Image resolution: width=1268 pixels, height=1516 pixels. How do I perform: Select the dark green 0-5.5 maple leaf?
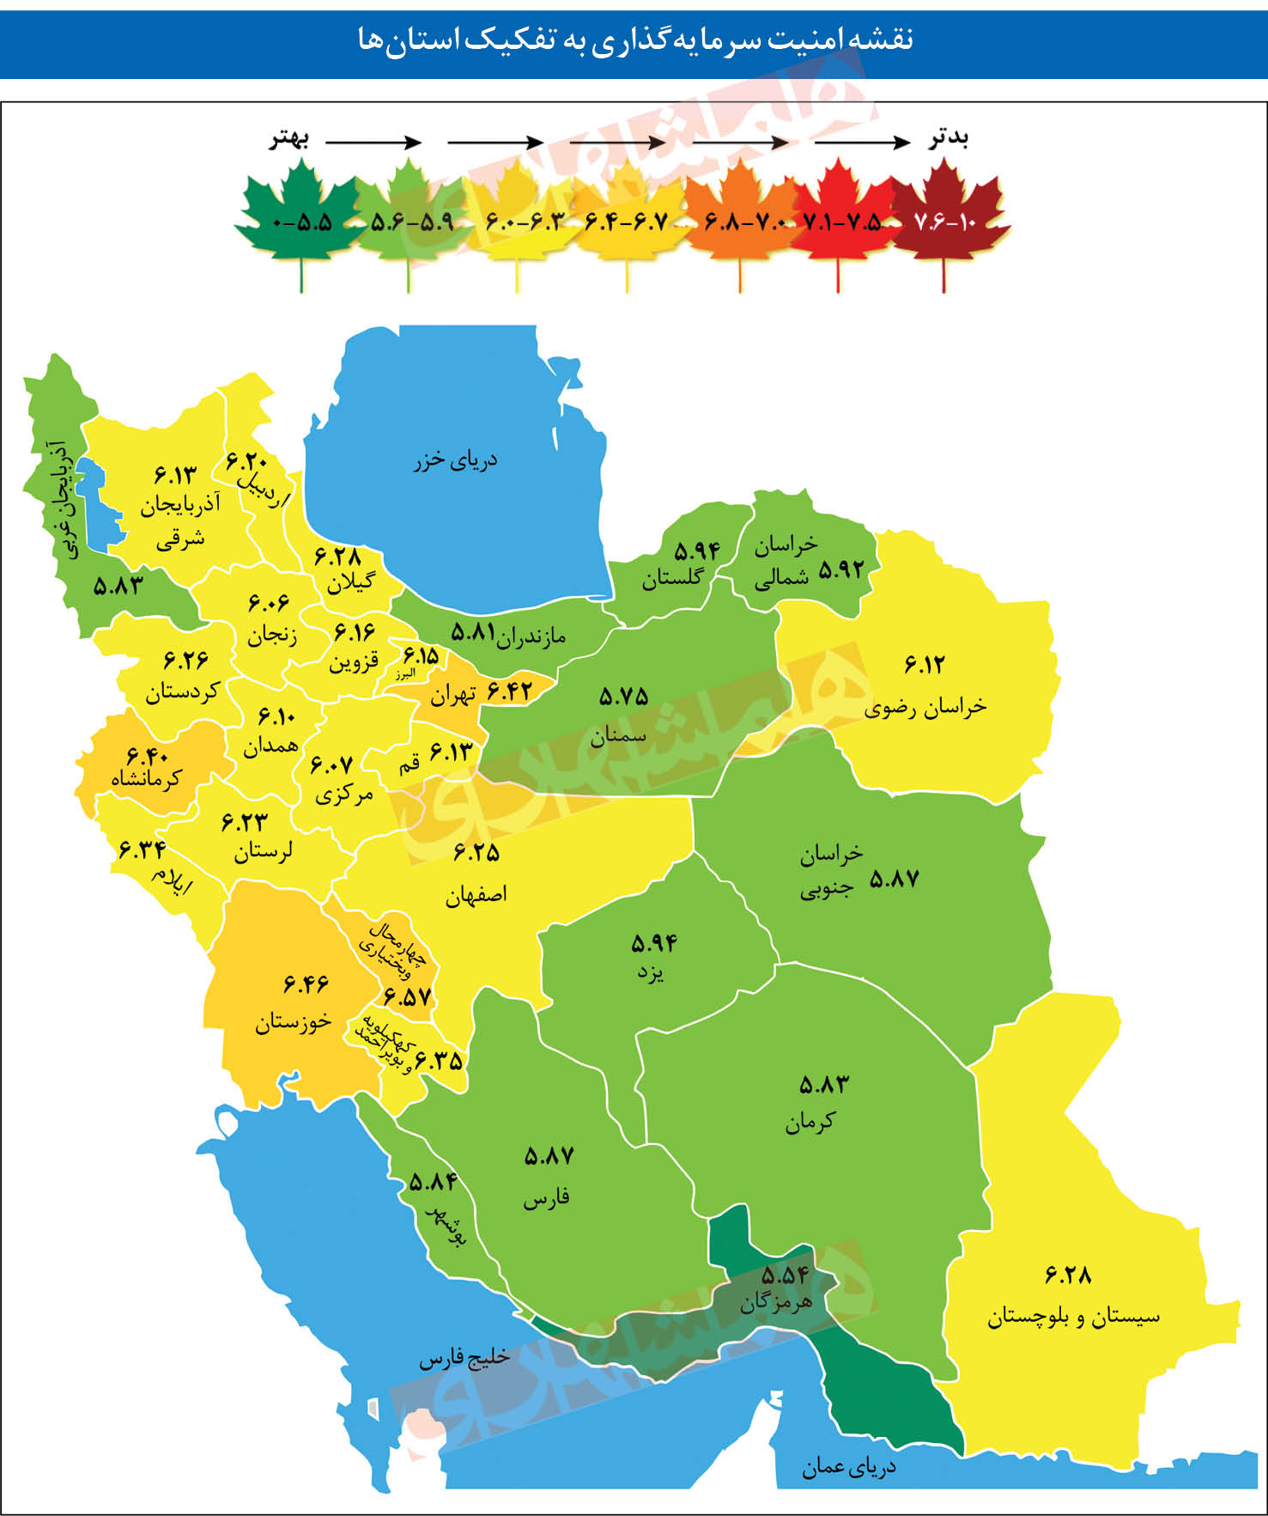click(x=301, y=220)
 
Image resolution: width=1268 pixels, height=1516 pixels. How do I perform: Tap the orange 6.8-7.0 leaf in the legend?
click(x=740, y=220)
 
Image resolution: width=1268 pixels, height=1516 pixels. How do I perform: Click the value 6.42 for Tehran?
click(x=509, y=690)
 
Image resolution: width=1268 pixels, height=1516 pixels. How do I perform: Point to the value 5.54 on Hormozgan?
click(x=785, y=1275)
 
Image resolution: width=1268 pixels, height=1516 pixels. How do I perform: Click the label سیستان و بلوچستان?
click(x=1073, y=1316)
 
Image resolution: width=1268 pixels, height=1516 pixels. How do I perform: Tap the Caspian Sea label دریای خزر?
click(x=455, y=460)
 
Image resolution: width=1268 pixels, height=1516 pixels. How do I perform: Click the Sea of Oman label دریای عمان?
click(x=848, y=1467)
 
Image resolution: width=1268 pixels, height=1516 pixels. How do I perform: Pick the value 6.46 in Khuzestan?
click(x=306, y=983)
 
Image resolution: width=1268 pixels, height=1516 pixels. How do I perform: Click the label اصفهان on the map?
click(x=476, y=895)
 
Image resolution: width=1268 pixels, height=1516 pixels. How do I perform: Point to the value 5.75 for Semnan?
click(x=623, y=697)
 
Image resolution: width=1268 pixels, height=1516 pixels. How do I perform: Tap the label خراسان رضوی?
click(x=925, y=706)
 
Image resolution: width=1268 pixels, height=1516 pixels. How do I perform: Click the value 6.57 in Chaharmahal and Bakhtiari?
click(x=407, y=997)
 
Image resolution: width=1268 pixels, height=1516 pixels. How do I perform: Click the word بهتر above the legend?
click(x=289, y=139)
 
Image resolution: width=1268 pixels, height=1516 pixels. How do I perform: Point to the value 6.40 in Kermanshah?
click(x=148, y=756)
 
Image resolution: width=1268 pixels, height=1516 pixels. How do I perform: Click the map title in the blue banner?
click(x=634, y=40)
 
